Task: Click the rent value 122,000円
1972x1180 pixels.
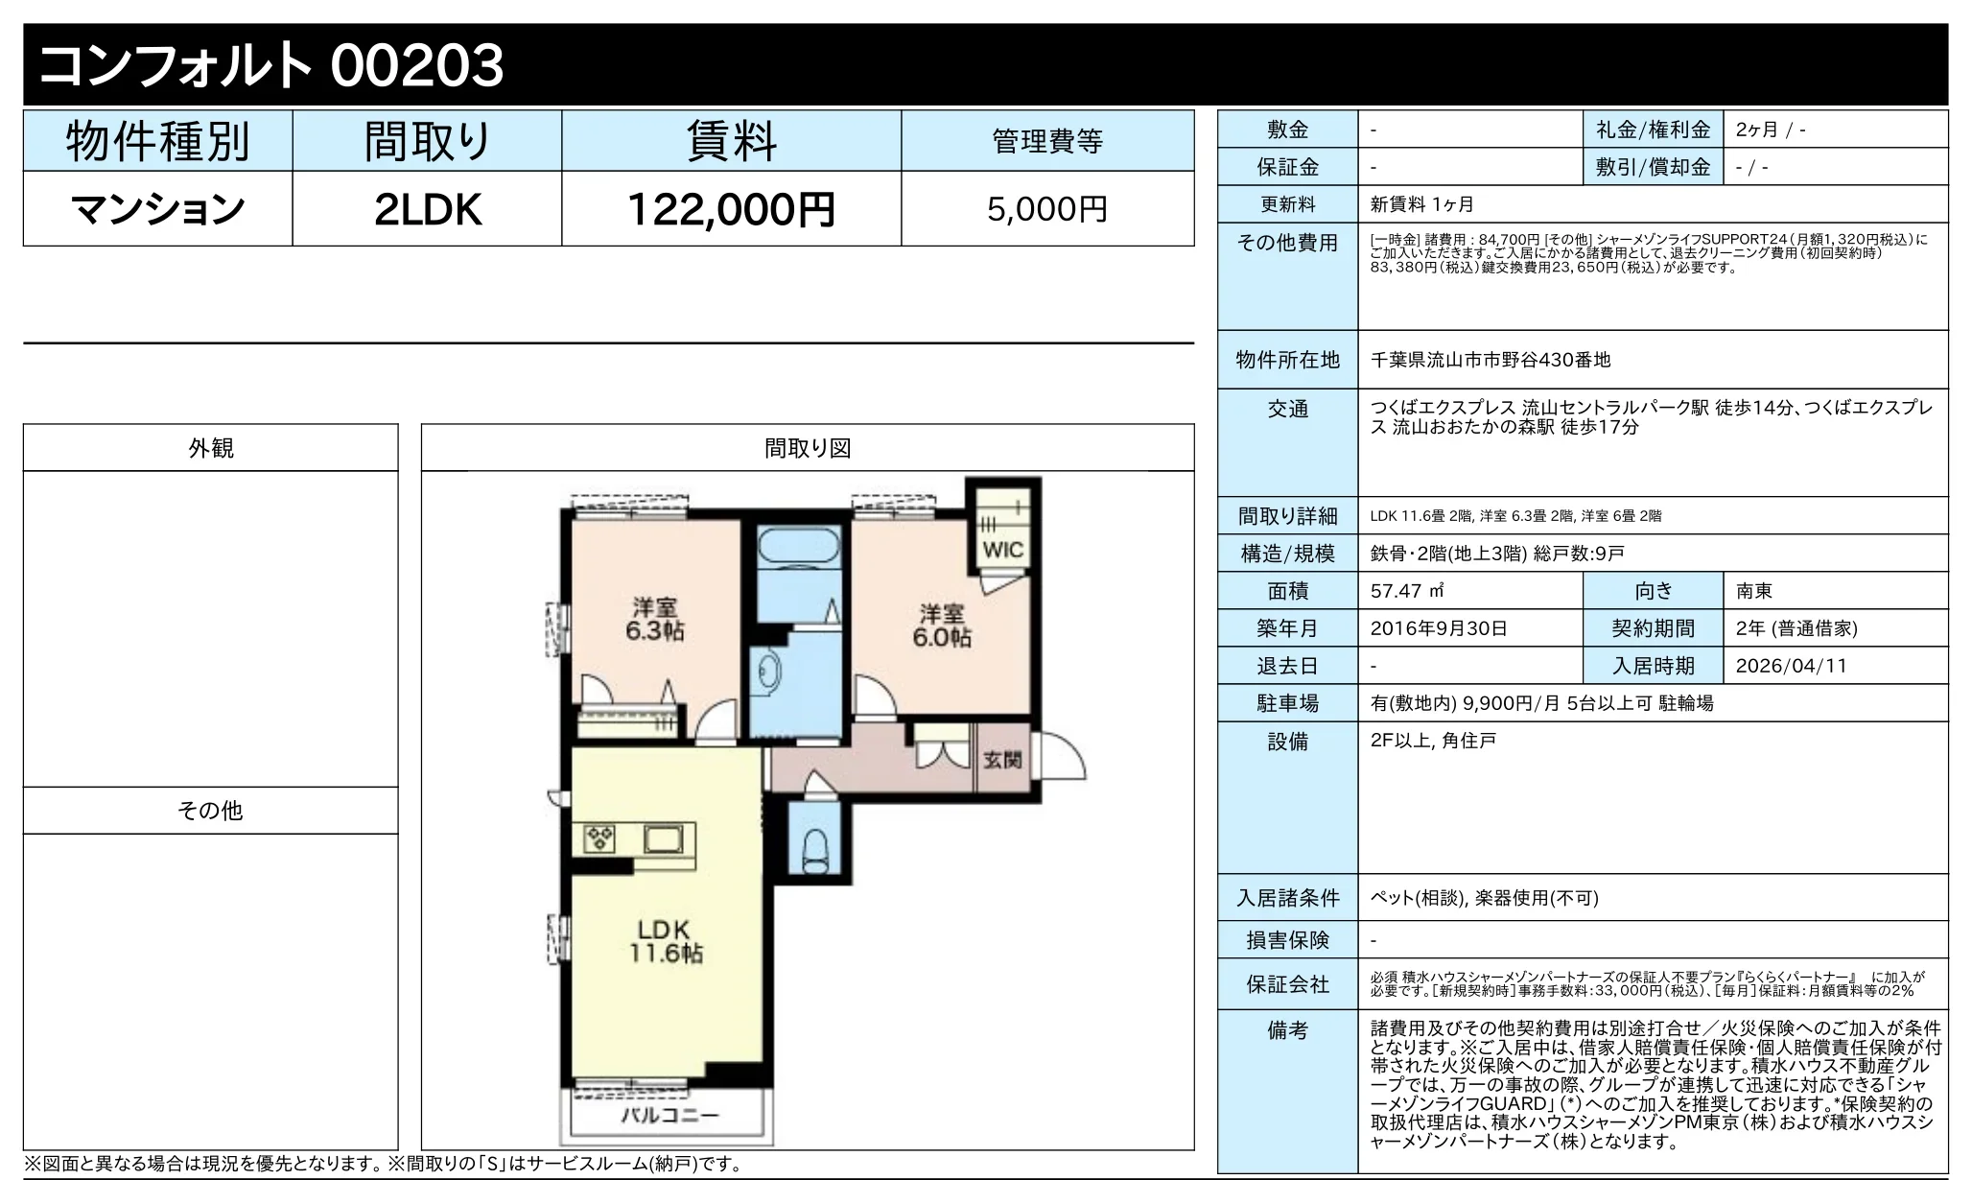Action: [x=731, y=209]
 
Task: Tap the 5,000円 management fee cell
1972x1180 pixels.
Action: [x=1047, y=209]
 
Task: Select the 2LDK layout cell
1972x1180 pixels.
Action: [x=427, y=209]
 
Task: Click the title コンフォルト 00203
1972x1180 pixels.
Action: [x=271, y=65]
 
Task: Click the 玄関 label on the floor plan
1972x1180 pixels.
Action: [x=1002, y=761]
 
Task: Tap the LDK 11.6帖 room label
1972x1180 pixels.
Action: [x=666, y=941]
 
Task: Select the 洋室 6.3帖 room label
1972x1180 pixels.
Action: [x=655, y=620]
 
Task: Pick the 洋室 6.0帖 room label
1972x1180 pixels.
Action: [x=941, y=625]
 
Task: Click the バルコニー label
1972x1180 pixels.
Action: [x=669, y=1116]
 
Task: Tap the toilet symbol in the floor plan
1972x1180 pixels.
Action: [x=814, y=849]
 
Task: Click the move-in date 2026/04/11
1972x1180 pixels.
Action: [x=1791, y=666]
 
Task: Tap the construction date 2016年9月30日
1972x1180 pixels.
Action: [x=1439, y=628]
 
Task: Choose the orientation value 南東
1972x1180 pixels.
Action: [x=1754, y=591]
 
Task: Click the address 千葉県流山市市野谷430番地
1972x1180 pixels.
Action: [x=1491, y=360]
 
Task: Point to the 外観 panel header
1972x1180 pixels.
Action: [x=211, y=448]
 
